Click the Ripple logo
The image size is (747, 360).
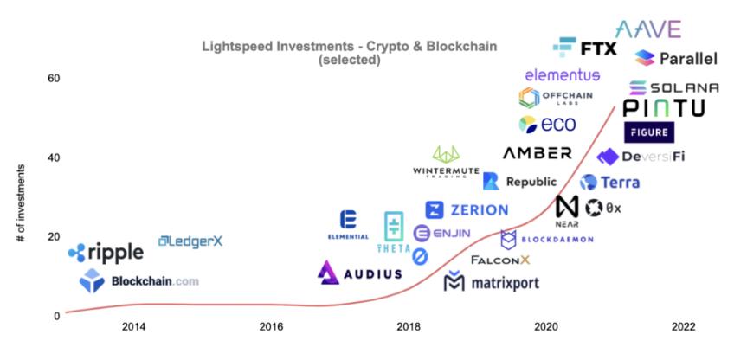click(x=106, y=253)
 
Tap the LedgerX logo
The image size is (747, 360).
click(x=190, y=241)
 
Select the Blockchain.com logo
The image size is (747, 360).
click(x=138, y=280)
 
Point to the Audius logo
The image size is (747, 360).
click(x=359, y=273)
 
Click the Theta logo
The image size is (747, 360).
click(x=394, y=232)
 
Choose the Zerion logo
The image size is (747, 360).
click(x=467, y=210)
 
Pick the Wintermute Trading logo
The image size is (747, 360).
click(x=447, y=162)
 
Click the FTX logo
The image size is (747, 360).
click(x=585, y=47)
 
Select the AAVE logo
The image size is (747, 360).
click(x=647, y=29)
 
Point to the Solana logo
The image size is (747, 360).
click(x=673, y=87)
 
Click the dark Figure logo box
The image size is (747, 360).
click(x=649, y=132)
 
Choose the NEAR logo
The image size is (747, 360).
click(x=567, y=210)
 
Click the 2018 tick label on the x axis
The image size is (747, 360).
click(x=409, y=327)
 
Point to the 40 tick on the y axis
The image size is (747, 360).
click(x=53, y=157)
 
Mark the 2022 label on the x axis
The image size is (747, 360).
click(x=684, y=327)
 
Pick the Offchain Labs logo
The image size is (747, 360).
click(x=555, y=97)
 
